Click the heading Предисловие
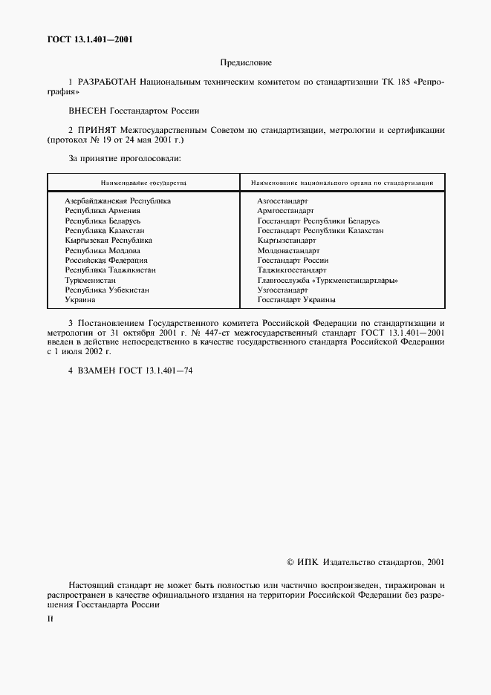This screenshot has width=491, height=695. click(245, 63)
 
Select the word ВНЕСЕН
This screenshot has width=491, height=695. click(88, 111)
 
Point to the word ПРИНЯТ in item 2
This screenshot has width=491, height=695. click(96, 130)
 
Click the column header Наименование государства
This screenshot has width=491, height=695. click(143, 182)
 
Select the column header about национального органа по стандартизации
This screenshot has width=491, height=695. click(342, 182)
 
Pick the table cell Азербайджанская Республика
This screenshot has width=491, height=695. click(118, 201)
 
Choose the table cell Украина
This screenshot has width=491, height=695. click(80, 300)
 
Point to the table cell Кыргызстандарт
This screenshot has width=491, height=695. click(282, 241)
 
